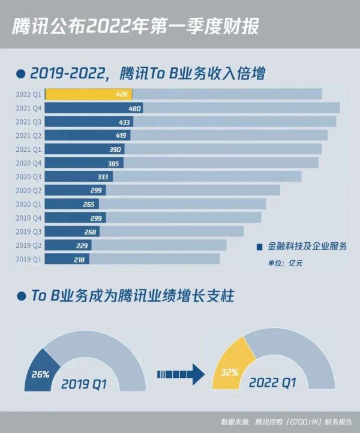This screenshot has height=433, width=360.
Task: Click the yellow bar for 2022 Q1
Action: (88, 94)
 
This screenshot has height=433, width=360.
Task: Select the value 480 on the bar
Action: (134, 109)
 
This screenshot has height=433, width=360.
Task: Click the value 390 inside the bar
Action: (115, 149)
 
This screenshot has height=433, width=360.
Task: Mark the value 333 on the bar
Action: (103, 177)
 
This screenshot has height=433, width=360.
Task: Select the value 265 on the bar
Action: (91, 204)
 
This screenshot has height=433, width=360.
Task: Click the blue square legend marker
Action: (259, 246)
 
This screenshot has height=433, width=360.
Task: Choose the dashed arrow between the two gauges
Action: (180, 374)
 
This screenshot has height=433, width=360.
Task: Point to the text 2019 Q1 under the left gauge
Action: (84, 383)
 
